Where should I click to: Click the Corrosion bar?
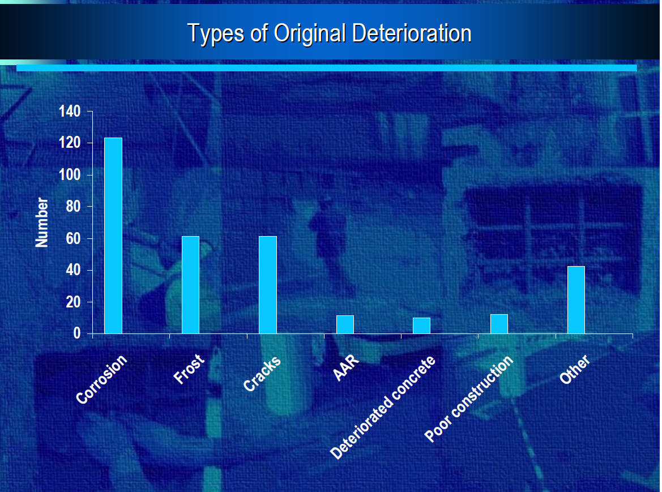[x=113, y=236]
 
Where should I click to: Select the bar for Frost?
[x=190, y=285]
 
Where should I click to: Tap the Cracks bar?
[x=268, y=285]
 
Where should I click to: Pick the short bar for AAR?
[x=345, y=324]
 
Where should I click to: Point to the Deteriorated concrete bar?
[x=422, y=326]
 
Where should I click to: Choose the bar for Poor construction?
[x=499, y=324]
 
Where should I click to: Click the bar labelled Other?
[x=576, y=300]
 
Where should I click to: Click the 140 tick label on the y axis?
[x=70, y=112]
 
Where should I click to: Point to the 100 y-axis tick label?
[x=70, y=175]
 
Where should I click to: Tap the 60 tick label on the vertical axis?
[x=73, y=238]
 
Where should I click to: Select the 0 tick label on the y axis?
[x=77, y=333]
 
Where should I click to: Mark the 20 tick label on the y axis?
[x=73, y=302]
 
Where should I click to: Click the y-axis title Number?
[x=42, y=223]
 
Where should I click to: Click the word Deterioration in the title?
[x=412, y=33]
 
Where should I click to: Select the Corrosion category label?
[x=101, y=379]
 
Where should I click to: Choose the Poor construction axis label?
[x=469, y=399]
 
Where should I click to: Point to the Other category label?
[x=575, y=369]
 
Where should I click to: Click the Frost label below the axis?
[x=189, y=369]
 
